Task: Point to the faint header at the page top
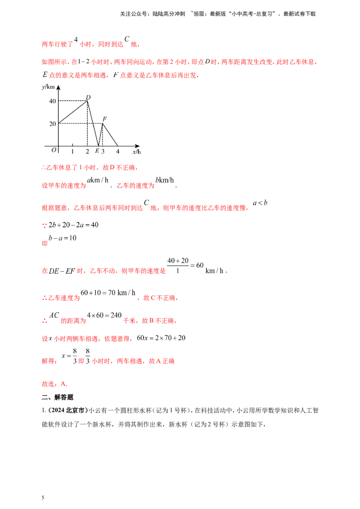click(x=218, y=14)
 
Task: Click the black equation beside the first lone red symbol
click(x=72, y=225)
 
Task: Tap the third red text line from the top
click(x=121, y=76)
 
